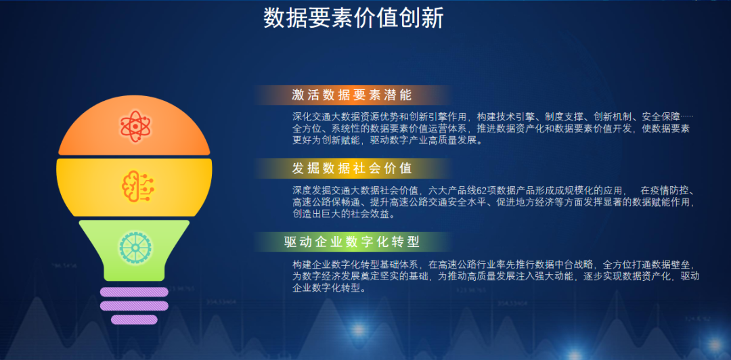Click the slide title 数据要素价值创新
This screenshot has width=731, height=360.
point(353,19)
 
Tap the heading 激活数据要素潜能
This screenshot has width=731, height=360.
point(352,95)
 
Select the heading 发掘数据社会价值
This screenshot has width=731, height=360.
point(352,168)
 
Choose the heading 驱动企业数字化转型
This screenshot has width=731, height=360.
point(352,242)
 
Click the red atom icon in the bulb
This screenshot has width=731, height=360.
point(135,126)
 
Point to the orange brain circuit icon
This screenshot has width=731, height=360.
point(137,186)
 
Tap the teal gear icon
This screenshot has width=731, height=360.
point(135,247)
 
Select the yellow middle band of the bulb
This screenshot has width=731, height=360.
point(134,187)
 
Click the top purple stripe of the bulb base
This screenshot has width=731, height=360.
point(134,292)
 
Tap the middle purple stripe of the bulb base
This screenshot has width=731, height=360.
point(134,306)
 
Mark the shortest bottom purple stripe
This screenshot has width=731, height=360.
point(134,319)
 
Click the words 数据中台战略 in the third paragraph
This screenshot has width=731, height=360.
point(539,264)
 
